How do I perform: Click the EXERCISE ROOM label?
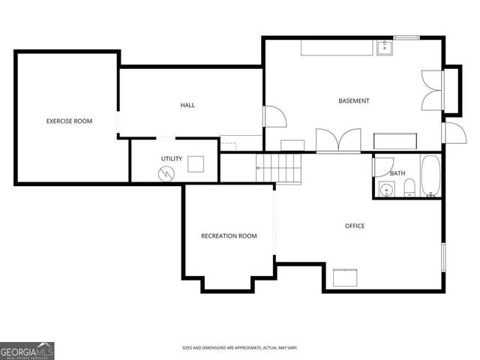69,121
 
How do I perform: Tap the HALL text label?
187,105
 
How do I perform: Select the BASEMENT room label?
353,100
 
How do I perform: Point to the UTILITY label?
171,158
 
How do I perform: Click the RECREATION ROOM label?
229,235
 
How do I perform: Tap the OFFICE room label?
355,226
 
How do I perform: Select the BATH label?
397,173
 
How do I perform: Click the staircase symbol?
279,169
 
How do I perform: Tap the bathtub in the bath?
431,176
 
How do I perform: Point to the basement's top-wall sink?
385,49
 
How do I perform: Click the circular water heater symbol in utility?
166,173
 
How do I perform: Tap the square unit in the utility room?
196,163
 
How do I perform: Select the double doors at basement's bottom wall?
338,140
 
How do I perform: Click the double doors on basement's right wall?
433,90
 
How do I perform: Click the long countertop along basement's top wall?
337,48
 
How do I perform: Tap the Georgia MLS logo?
27,350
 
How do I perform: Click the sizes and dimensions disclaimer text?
239,348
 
